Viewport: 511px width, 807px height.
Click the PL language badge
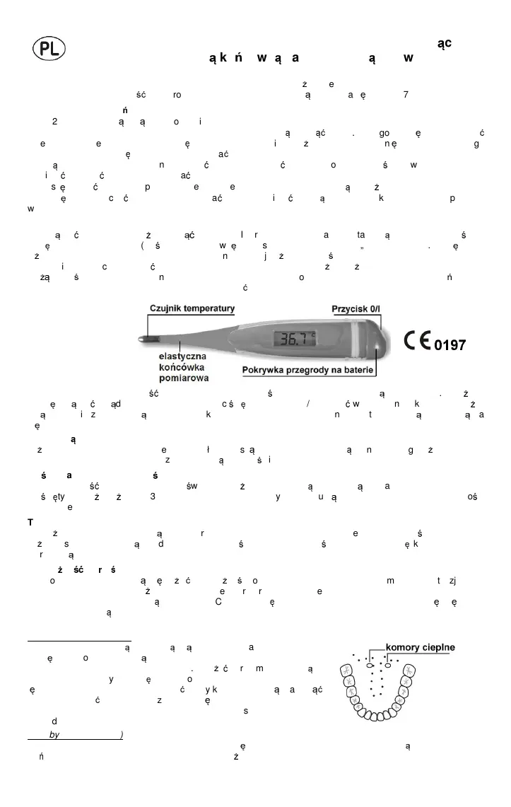point(49,49)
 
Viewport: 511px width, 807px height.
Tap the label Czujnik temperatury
point(192,308)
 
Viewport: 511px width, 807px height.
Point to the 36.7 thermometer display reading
point(296,339)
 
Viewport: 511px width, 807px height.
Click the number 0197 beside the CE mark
point(450,345)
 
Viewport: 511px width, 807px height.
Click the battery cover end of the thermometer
point(378,342)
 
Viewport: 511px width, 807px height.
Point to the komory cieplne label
point(420,647)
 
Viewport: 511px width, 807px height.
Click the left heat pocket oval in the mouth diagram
point(370,666)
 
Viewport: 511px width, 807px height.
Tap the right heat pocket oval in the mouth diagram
point(388,666)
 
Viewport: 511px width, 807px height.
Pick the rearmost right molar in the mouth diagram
point(409,671)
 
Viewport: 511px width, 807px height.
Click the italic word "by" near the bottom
point(55,735)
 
